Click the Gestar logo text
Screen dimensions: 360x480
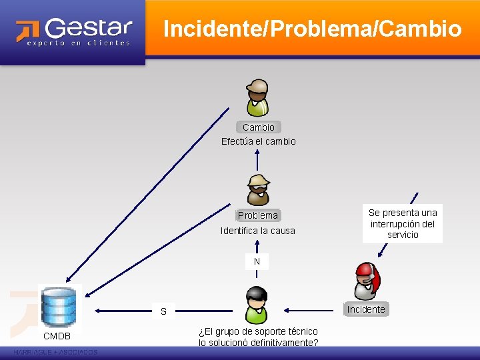88,28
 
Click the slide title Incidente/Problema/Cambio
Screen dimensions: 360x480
312,29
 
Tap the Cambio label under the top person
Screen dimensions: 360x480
258,127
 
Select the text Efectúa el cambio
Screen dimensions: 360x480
258,141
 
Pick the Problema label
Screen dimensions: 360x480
257,215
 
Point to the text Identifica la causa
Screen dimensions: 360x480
257,231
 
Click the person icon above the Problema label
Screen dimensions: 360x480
257,189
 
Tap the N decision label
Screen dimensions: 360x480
257,261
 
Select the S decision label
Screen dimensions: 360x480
163,311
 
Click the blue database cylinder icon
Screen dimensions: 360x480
59,306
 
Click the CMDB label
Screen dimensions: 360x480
57,335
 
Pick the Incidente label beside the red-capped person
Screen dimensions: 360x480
365,309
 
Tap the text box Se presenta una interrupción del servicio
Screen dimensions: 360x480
403,223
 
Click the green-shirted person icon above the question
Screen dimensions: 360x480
256,305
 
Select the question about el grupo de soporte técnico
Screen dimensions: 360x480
258,337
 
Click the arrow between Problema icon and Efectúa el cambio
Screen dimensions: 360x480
257,161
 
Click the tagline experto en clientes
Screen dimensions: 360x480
79,43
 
